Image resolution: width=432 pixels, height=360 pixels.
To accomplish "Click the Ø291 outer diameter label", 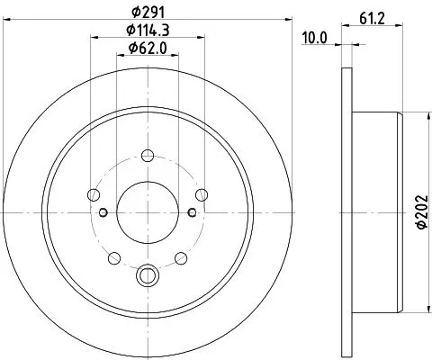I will tap(144, 12).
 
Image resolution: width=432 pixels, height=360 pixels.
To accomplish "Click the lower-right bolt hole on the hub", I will tap(180, 259).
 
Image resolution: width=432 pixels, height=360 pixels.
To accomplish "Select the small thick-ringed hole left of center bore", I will tap(103, 212).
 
